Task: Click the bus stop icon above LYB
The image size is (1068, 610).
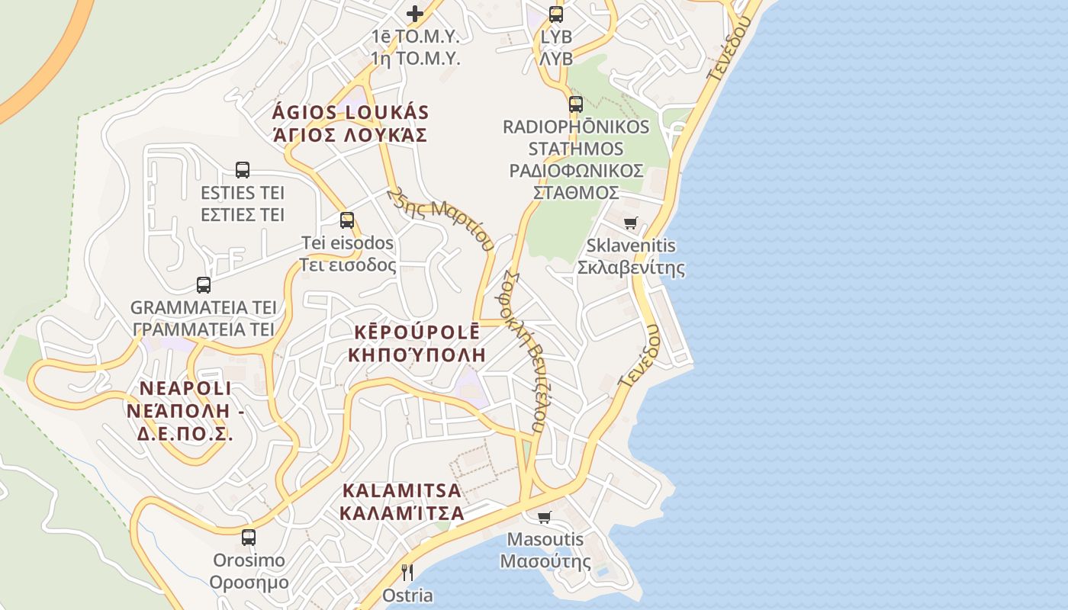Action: (x=556, y=14)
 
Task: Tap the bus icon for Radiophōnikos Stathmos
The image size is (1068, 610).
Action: (x=576, y=104)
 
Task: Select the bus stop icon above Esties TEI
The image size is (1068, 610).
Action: (x=243, y=170)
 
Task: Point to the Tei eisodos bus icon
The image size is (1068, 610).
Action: (x=347, y=220)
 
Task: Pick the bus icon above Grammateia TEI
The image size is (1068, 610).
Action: (x=204, y=285)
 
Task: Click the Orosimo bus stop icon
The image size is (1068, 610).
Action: (x=249, y=538)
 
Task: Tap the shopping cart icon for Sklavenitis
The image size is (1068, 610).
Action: (x=631, y=223)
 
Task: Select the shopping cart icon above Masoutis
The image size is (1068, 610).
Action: (x=545, y=517)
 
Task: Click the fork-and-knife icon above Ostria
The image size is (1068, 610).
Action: (x=407, y=572)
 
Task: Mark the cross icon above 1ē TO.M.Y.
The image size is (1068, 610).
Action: (x=415, y=13)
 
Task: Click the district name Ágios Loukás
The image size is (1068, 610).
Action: (x=350, y=113)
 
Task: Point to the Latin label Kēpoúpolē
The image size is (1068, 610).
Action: (x=417, y=332)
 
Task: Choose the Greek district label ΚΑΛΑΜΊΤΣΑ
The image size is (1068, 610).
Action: (x=402, y=513)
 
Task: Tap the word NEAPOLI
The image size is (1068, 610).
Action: (x=185, y=388)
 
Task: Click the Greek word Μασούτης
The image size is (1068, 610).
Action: (x=545, y=562)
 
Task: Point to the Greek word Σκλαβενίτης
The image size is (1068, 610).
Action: (x=630, y=268)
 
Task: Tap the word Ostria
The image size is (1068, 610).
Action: (x=407, y=596)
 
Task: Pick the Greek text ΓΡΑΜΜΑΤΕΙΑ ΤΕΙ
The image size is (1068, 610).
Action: (x=204, y=329)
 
